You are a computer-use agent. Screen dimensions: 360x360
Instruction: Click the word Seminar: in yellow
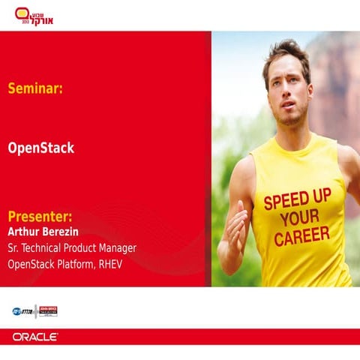pyautogui.click(x=35, y=88)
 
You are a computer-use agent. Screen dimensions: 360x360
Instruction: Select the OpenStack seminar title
pyautogui.click(x=40, y=148)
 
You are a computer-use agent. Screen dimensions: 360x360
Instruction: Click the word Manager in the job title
pyautogui.click(x=116, y=247)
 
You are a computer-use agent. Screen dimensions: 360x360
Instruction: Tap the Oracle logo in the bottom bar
pyautogui.click(x=35, y=337)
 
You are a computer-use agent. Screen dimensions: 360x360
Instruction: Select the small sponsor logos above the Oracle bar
pyautogui.click(x=34, y=310)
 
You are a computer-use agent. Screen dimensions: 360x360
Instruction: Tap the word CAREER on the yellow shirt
pyautogui.click(x=301, y=237)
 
